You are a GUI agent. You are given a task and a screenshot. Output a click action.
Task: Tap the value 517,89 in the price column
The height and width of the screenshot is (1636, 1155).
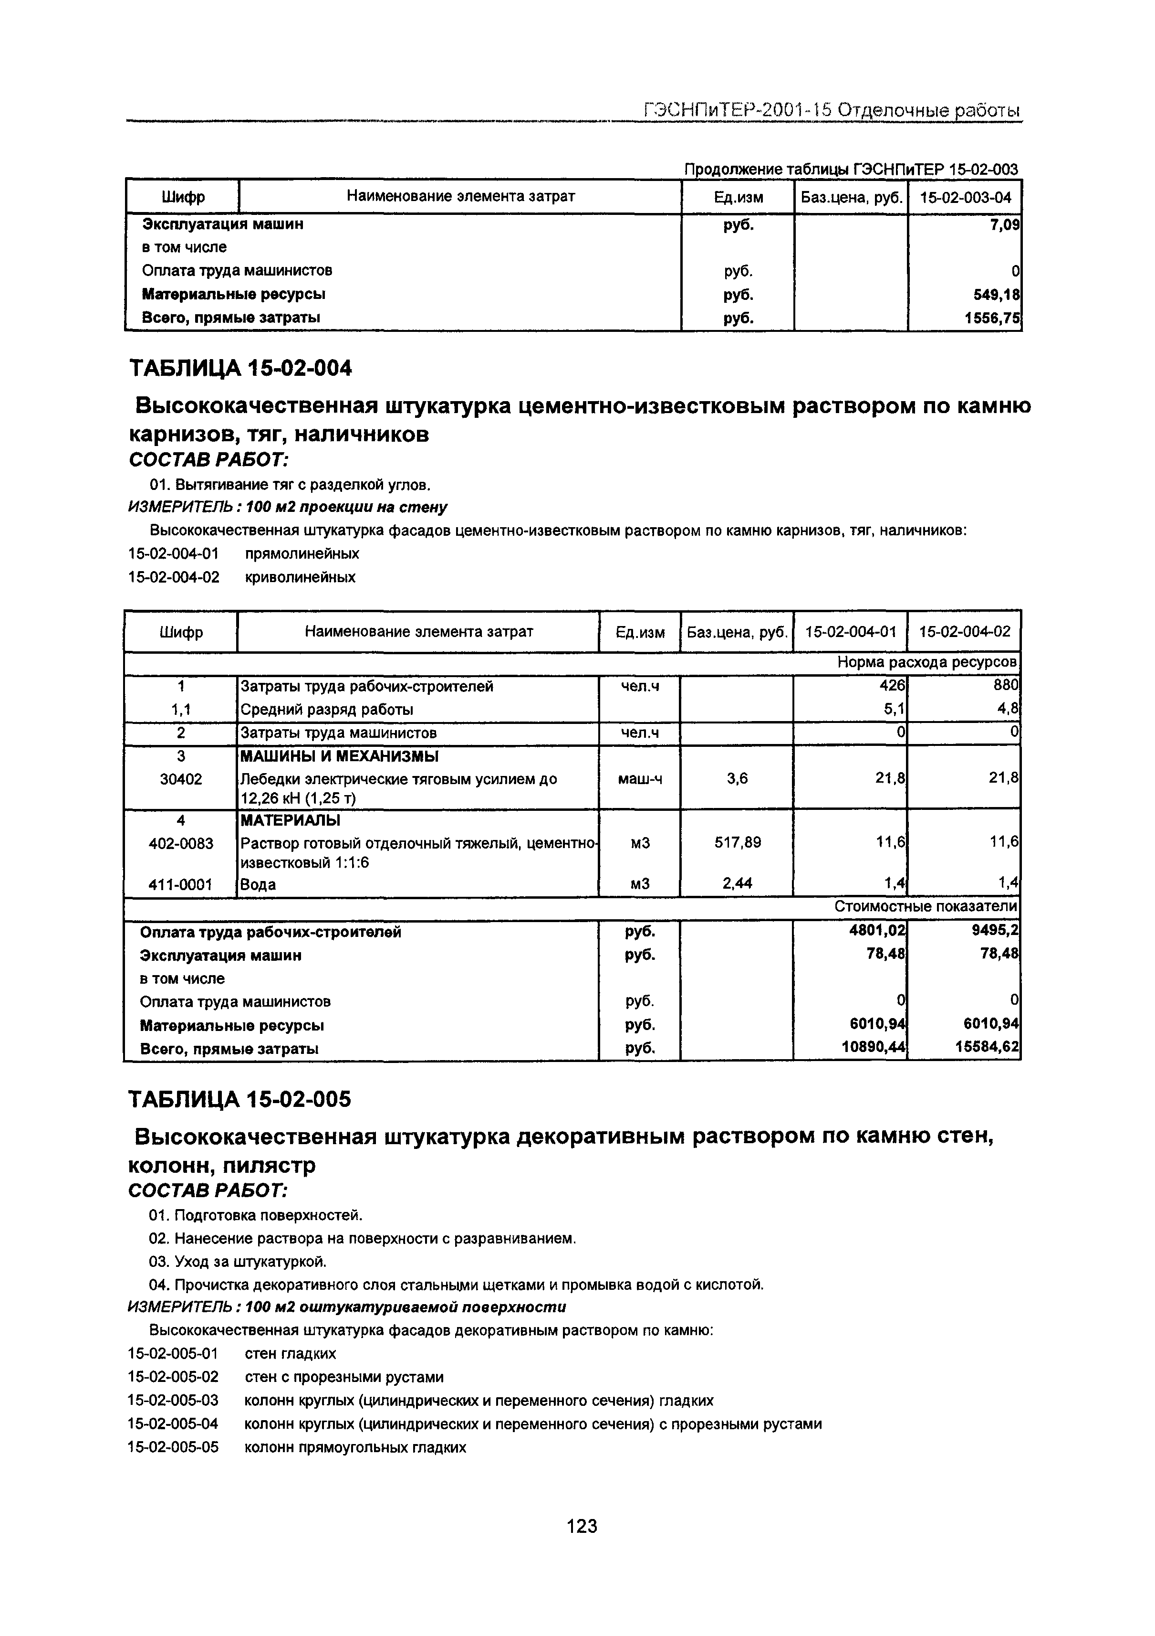point(737,842)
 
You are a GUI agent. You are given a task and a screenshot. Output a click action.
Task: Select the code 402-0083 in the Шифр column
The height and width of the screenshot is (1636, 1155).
point(180,843)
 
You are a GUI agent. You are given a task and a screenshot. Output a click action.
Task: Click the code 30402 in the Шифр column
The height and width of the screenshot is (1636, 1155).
point(180,779)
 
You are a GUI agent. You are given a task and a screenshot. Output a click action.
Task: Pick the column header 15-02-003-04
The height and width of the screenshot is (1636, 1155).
point(965,197)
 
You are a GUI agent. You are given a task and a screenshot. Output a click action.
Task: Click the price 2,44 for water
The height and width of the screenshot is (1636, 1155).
point(737,883)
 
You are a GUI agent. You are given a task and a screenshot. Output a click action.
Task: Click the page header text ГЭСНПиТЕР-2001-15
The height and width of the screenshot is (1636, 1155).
point(737,110)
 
